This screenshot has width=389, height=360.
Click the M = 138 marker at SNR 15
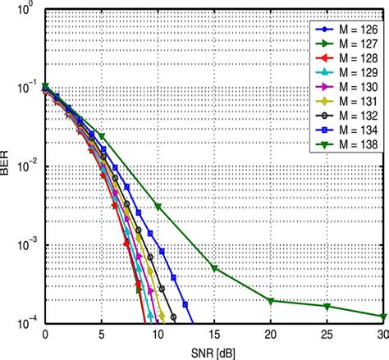pyautogui.click(x=214, y=268)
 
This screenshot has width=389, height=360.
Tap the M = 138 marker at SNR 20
pyautogui.click(x=271, y=300)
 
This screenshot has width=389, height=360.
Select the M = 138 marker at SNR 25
pyautogui.click(x=327, y=307)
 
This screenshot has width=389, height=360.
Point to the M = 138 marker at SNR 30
pyautogui.click(x=383, y=317)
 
